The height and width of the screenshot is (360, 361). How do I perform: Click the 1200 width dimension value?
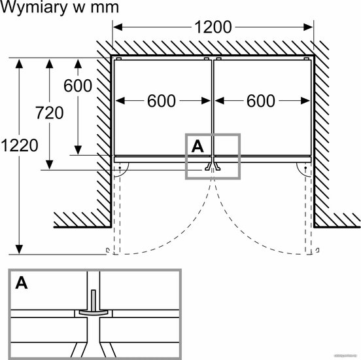[x=213, y=27]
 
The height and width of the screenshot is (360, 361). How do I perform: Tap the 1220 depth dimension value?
[x=20, y=145]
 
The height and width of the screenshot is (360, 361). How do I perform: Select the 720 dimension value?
[x=49, y=113]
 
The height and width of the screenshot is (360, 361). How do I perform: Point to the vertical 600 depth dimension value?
[x=78, y=86]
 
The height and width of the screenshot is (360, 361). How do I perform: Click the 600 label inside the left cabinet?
[x=162, y=101]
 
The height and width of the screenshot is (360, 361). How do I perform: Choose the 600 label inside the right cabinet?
[x=261, y=101]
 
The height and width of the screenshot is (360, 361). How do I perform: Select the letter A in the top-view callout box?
[x=198, y=147]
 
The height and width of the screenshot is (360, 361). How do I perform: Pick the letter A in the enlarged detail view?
[x=22, y=283]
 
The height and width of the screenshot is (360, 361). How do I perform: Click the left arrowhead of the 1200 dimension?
[x=118, y=27]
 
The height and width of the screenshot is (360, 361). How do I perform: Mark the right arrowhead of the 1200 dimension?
[x=308, y=27]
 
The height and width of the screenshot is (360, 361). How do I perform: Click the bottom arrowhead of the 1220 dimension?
[x=19, y=249]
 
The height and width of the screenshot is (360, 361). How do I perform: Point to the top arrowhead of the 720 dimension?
[x=50, y=63]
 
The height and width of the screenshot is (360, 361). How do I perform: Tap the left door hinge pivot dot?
[x=120, y=168]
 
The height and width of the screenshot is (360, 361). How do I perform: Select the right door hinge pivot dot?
[x=305, y=168]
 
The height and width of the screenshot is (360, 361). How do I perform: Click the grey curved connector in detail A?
[x=94, y=312]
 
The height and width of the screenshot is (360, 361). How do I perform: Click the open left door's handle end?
[x=107, y=250]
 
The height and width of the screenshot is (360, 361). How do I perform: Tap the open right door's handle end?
[x=318, y=250]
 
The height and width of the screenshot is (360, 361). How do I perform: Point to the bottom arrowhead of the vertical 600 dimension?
[x=78, y=151]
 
